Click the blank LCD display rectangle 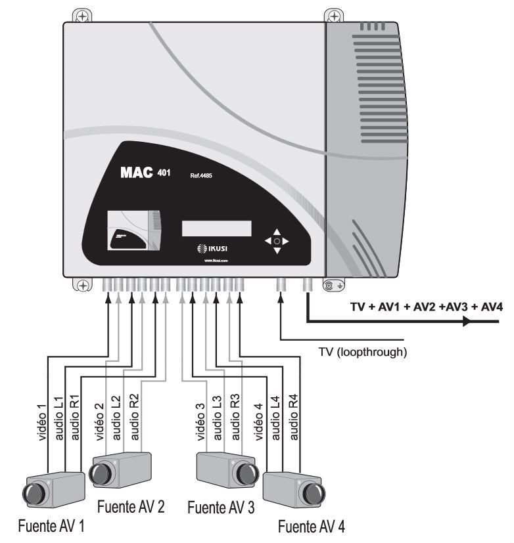point(216,228)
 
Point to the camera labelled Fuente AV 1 point(53,489)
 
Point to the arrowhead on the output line point(467,322)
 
